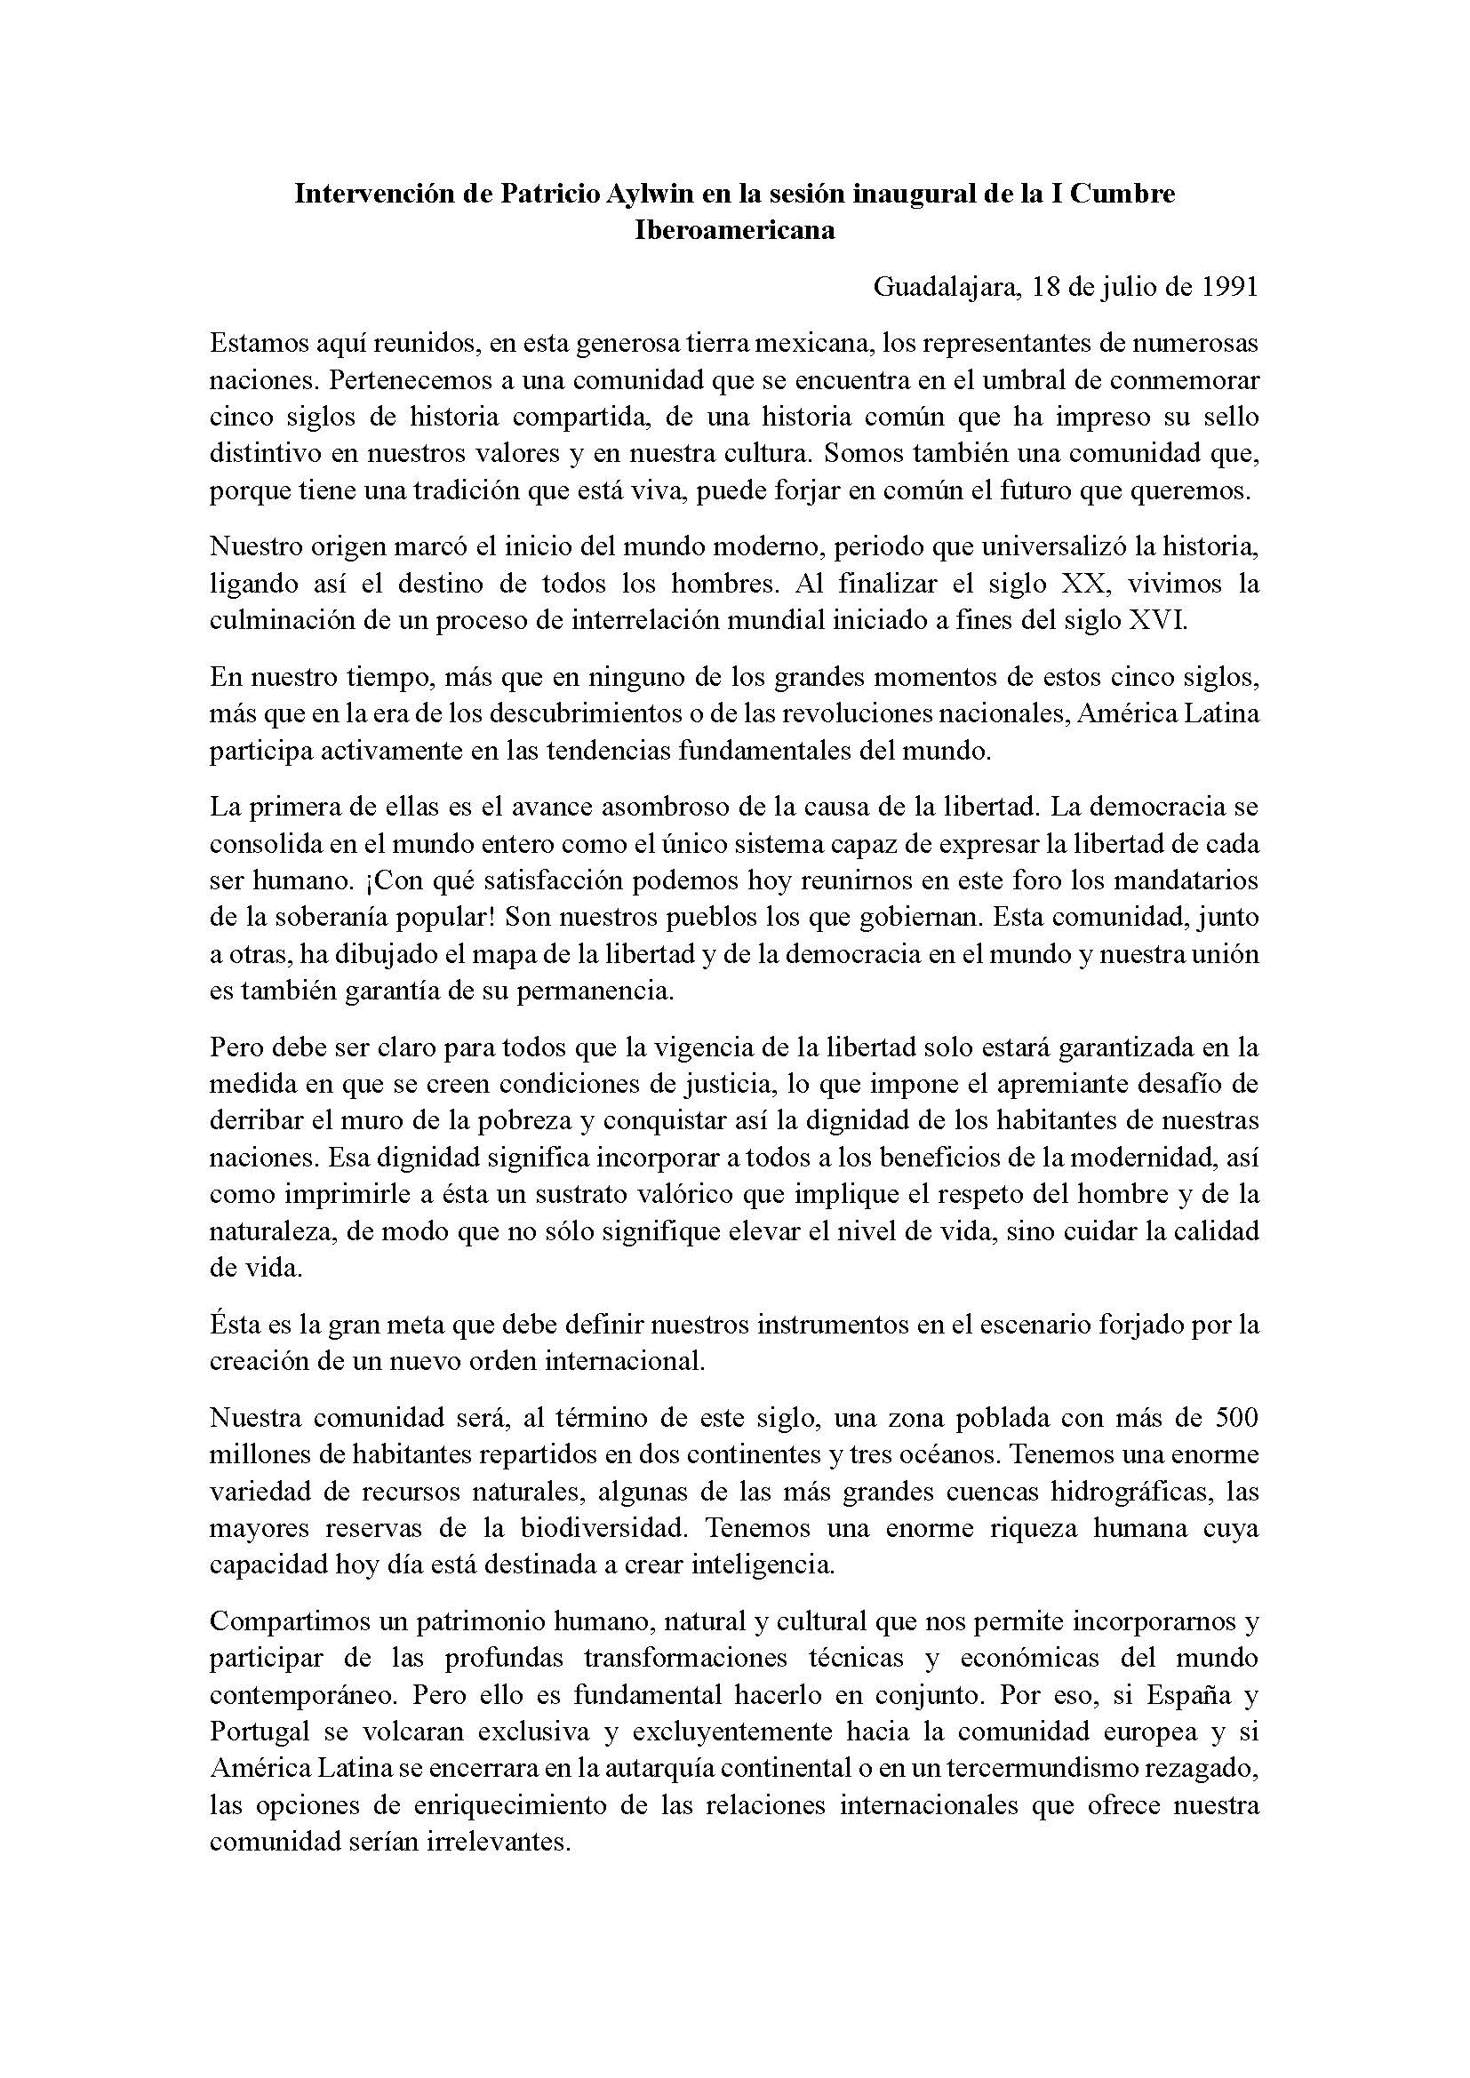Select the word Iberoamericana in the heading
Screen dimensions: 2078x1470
click(x=734, y=230)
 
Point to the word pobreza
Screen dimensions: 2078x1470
click(x=523, y=1120)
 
